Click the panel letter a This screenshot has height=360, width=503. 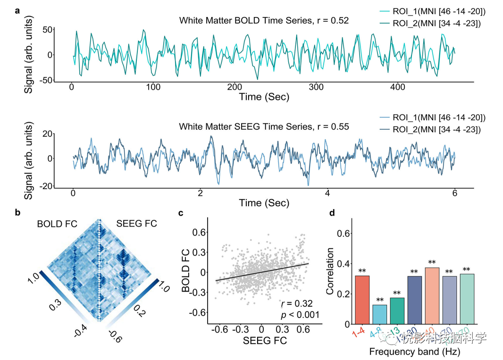click(x=17, y=10)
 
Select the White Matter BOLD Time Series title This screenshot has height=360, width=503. click(x=264, y=20)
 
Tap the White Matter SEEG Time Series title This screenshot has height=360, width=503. click(x=264, y=126)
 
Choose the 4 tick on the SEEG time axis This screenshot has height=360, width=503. click(x=327, y=193)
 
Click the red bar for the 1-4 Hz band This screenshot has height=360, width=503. click(x=363, y=300)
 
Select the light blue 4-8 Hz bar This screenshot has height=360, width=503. click(x=380, y=314)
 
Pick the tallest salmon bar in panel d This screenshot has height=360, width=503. click(x=432, y=296)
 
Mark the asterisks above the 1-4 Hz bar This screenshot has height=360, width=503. click(x=363, y=271)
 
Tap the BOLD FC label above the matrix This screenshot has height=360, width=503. click(x=57, y=224)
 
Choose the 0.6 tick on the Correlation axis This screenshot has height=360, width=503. click(x=345, y=234)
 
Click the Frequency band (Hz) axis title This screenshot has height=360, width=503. click(x=414, y=352)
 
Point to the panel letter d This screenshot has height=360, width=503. click(x=332, y=213)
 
